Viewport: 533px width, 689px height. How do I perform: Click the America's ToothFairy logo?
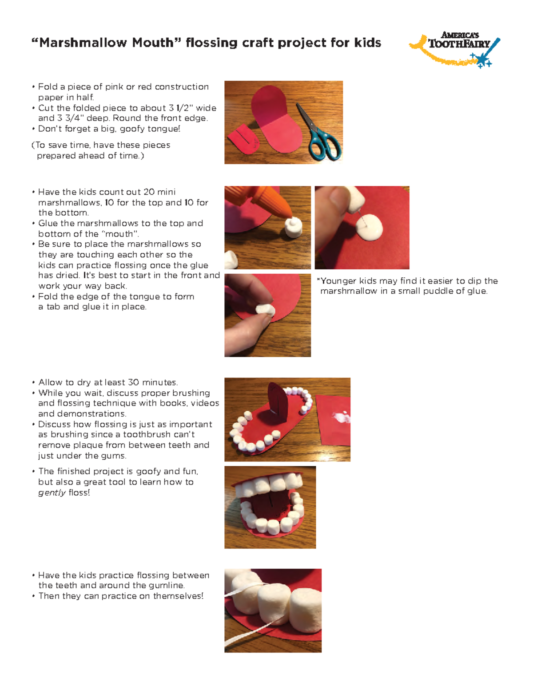coord(455,48)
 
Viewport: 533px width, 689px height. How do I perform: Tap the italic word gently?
coord(52,492)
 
